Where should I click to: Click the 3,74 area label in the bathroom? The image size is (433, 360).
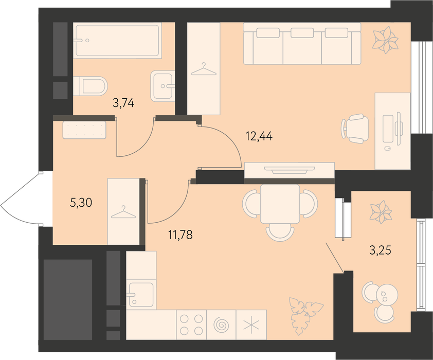pyautogui.click(x=123, y=103)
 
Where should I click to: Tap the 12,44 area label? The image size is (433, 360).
pyautogui.click(x=259, y=136)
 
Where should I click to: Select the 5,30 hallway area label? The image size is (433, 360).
pyautogui.click(x=81, y=203)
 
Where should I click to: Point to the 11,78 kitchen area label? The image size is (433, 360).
pyautogui.click(x=181, y=235)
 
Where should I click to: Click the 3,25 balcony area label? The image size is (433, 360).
pyautogui.click(x=380, y=250)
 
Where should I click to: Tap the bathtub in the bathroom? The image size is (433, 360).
pyautogui.click(x=117, y=40)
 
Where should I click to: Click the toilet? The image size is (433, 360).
pyautogui.click(x=91, y=86)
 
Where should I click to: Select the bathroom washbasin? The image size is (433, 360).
pyautogui.click(x=163, y=86)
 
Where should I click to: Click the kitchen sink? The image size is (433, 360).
pyautogui.click(x=141, y=294)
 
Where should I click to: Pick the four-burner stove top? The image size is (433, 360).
pyautogui.click(x=191, y=325)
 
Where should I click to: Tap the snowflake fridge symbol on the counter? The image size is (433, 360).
pyautogui.click(x=251, y=325)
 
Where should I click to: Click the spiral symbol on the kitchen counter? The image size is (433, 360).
pyautogui.click(x=221, y=325)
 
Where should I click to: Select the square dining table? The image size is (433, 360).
pyautogui.click(x=280, y=204)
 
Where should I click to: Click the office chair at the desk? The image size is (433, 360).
pyautogui.click(x=355, y=129)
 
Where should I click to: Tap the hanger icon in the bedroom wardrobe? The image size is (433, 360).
pyautogui.click(x=204, y=69)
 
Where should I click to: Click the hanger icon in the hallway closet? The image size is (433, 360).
pyautogui.click(x=123, y=212)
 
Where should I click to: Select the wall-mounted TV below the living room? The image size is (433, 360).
pyautogui.click(x=290, y=170)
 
